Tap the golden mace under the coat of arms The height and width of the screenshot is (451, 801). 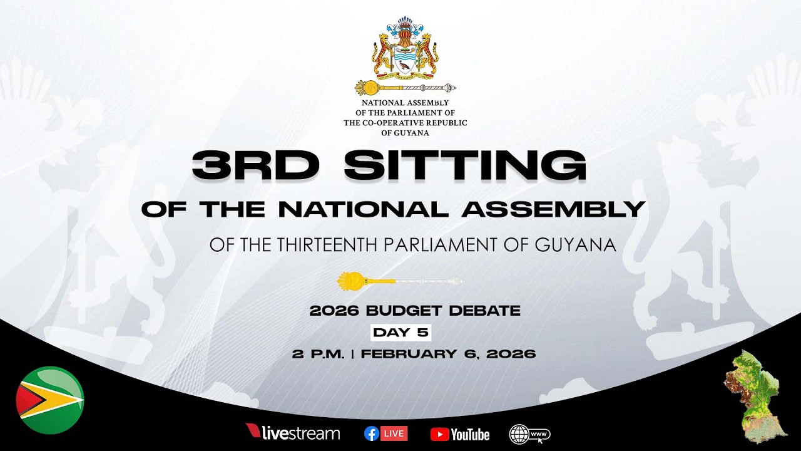click(x=405, y=87)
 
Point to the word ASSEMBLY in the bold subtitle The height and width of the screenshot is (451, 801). click(x=553, y=209)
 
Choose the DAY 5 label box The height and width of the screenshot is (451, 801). click(x=401, y=333)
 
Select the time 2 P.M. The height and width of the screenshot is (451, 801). click(x=318, y=354)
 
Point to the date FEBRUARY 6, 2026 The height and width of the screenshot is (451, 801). click(x=448, y=354)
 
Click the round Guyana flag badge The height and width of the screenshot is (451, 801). click(x=50, y=400)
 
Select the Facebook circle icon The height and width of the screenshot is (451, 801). click(x=372, y=433)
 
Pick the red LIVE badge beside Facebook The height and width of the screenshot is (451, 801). click(x=394, y=433)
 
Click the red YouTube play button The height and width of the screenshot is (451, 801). click(x=439, y=434)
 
